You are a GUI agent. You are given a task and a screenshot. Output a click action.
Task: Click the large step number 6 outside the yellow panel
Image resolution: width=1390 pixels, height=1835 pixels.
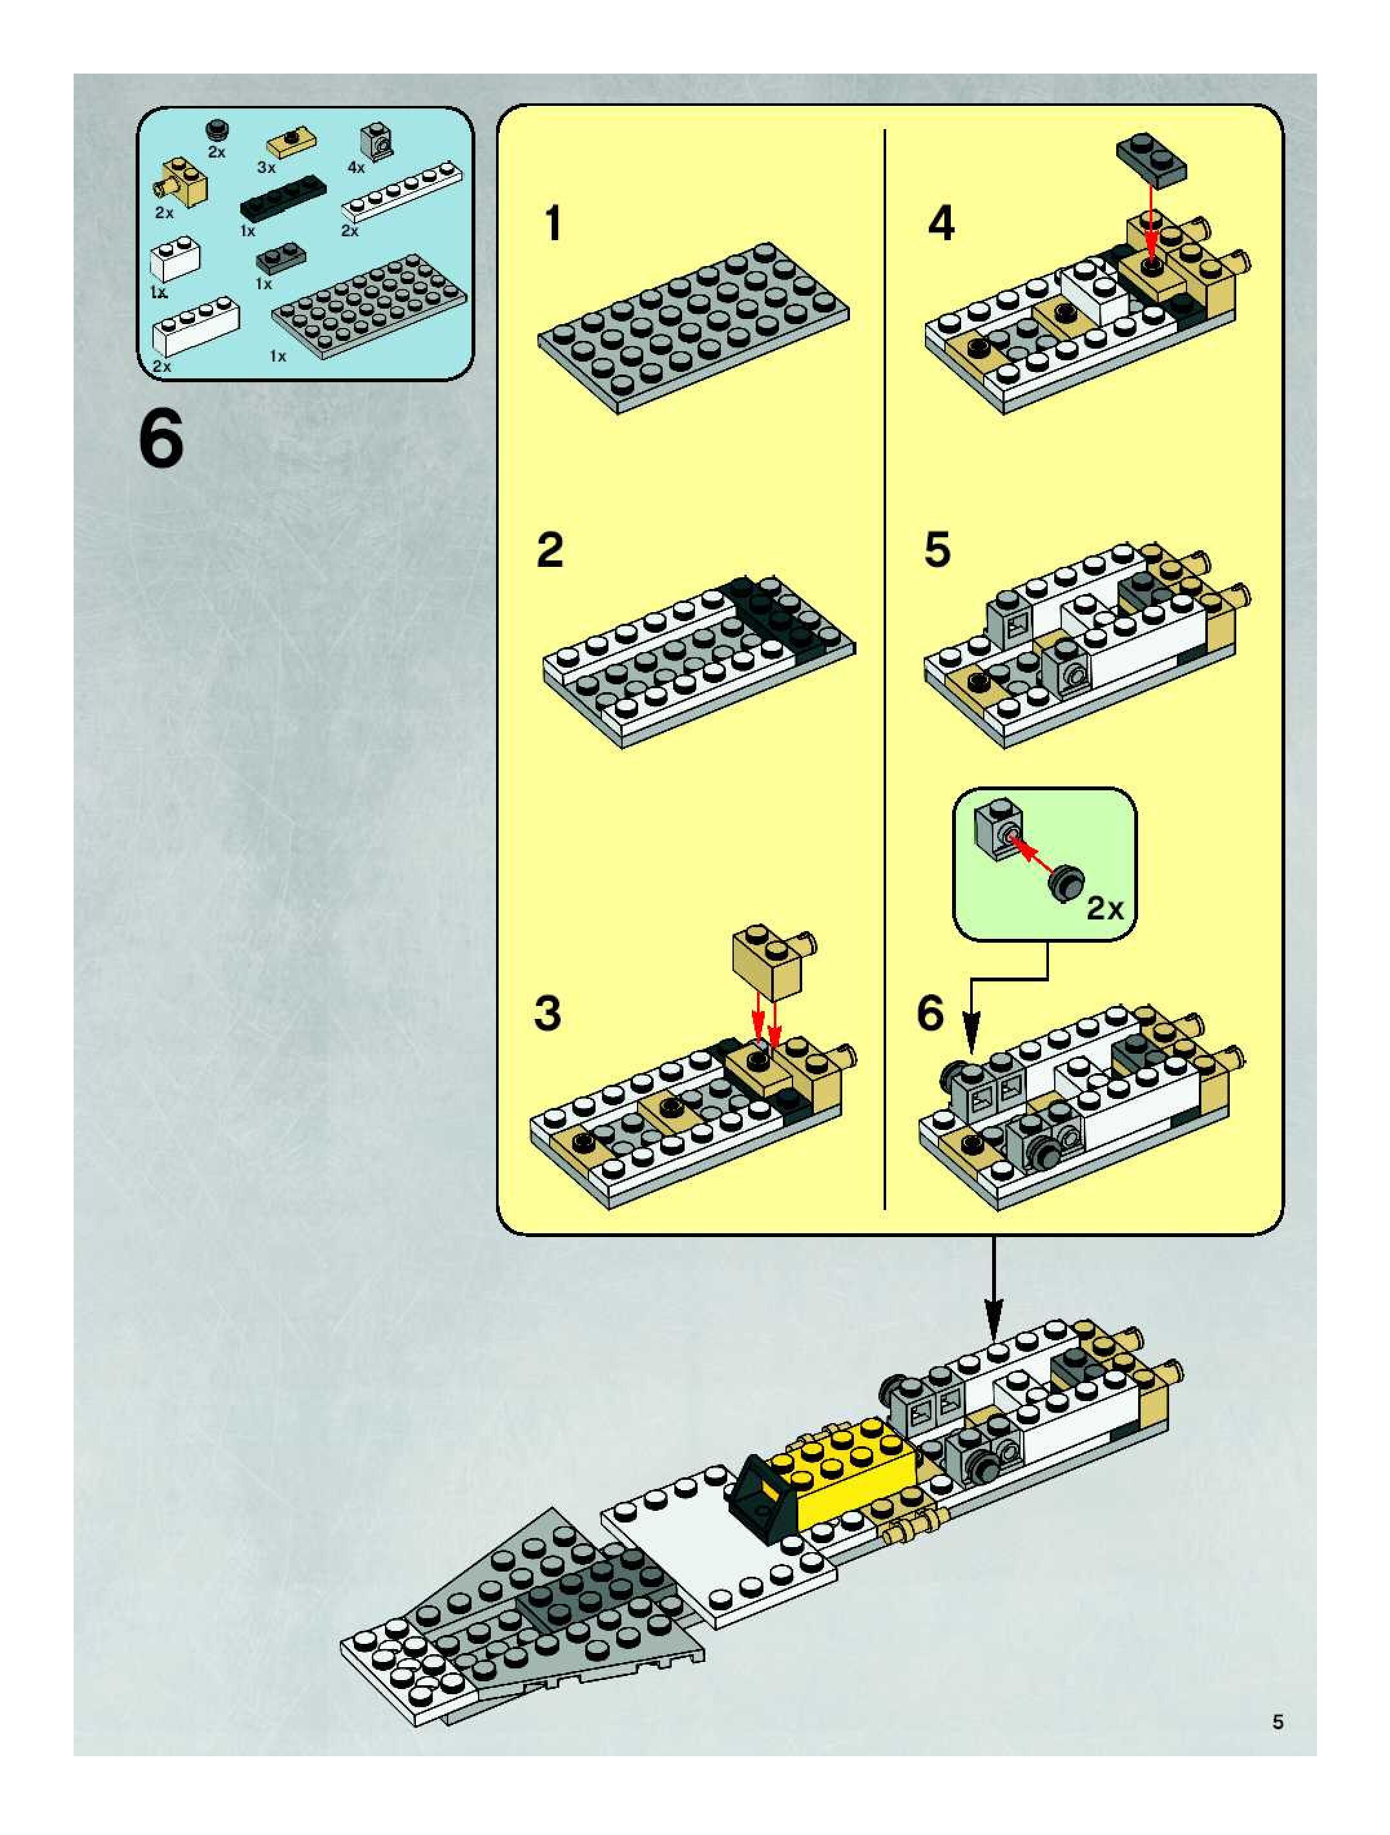tap(161, 440)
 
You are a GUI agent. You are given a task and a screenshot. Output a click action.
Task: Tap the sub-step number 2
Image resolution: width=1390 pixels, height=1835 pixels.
tap(550, 550)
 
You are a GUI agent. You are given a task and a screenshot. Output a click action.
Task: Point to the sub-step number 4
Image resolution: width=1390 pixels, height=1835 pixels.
tap(941, 223)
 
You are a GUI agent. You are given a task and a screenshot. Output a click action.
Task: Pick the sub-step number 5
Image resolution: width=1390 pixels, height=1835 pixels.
tap(937, 550)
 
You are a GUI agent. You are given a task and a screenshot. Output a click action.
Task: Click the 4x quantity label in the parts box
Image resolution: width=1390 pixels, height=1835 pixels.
tap(356, 168)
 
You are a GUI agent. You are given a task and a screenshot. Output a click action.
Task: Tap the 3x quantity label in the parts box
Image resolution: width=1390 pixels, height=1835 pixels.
tap(265, 168)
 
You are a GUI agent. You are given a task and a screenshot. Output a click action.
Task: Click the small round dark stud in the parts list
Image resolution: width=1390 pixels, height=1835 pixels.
tap(218, 130)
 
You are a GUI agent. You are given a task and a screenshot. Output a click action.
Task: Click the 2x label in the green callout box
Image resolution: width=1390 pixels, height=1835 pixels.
tap(1105, 909)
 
